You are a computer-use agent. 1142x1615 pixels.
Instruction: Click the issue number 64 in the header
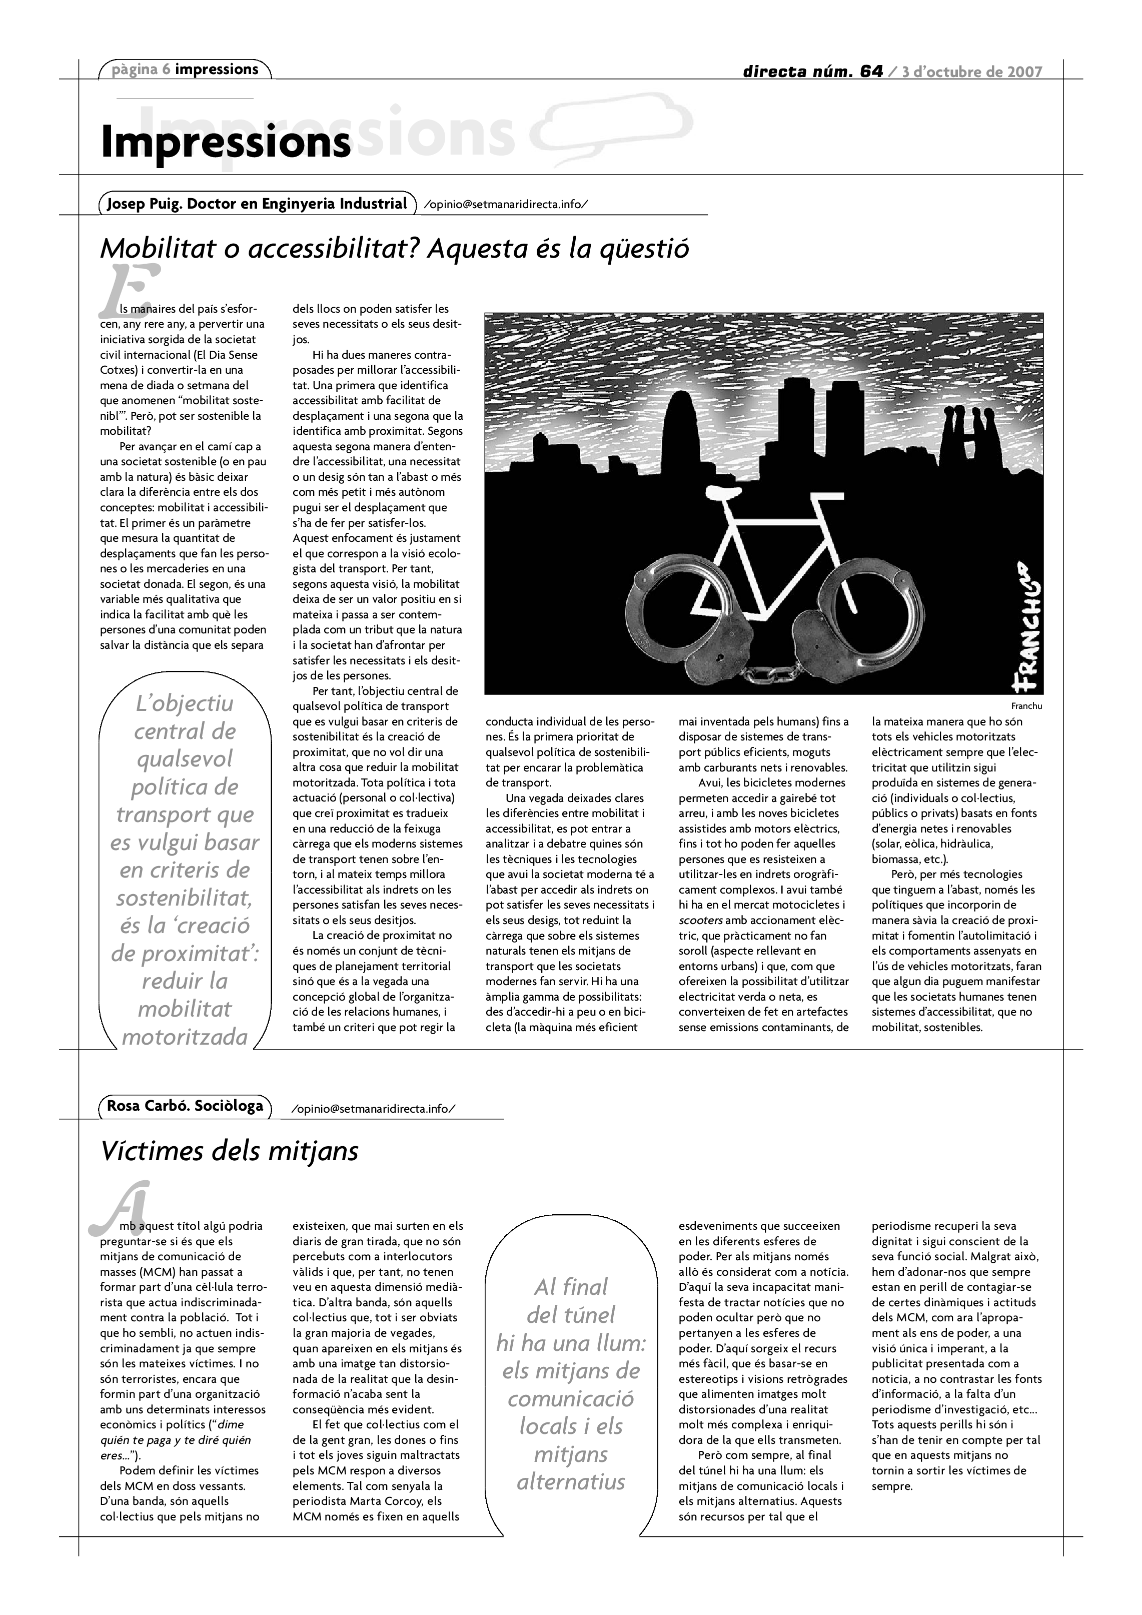pos(870,71)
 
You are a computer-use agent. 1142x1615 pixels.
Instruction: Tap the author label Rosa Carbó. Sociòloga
pos(185,1105)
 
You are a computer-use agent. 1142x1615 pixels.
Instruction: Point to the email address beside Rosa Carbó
pos(373,1109)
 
